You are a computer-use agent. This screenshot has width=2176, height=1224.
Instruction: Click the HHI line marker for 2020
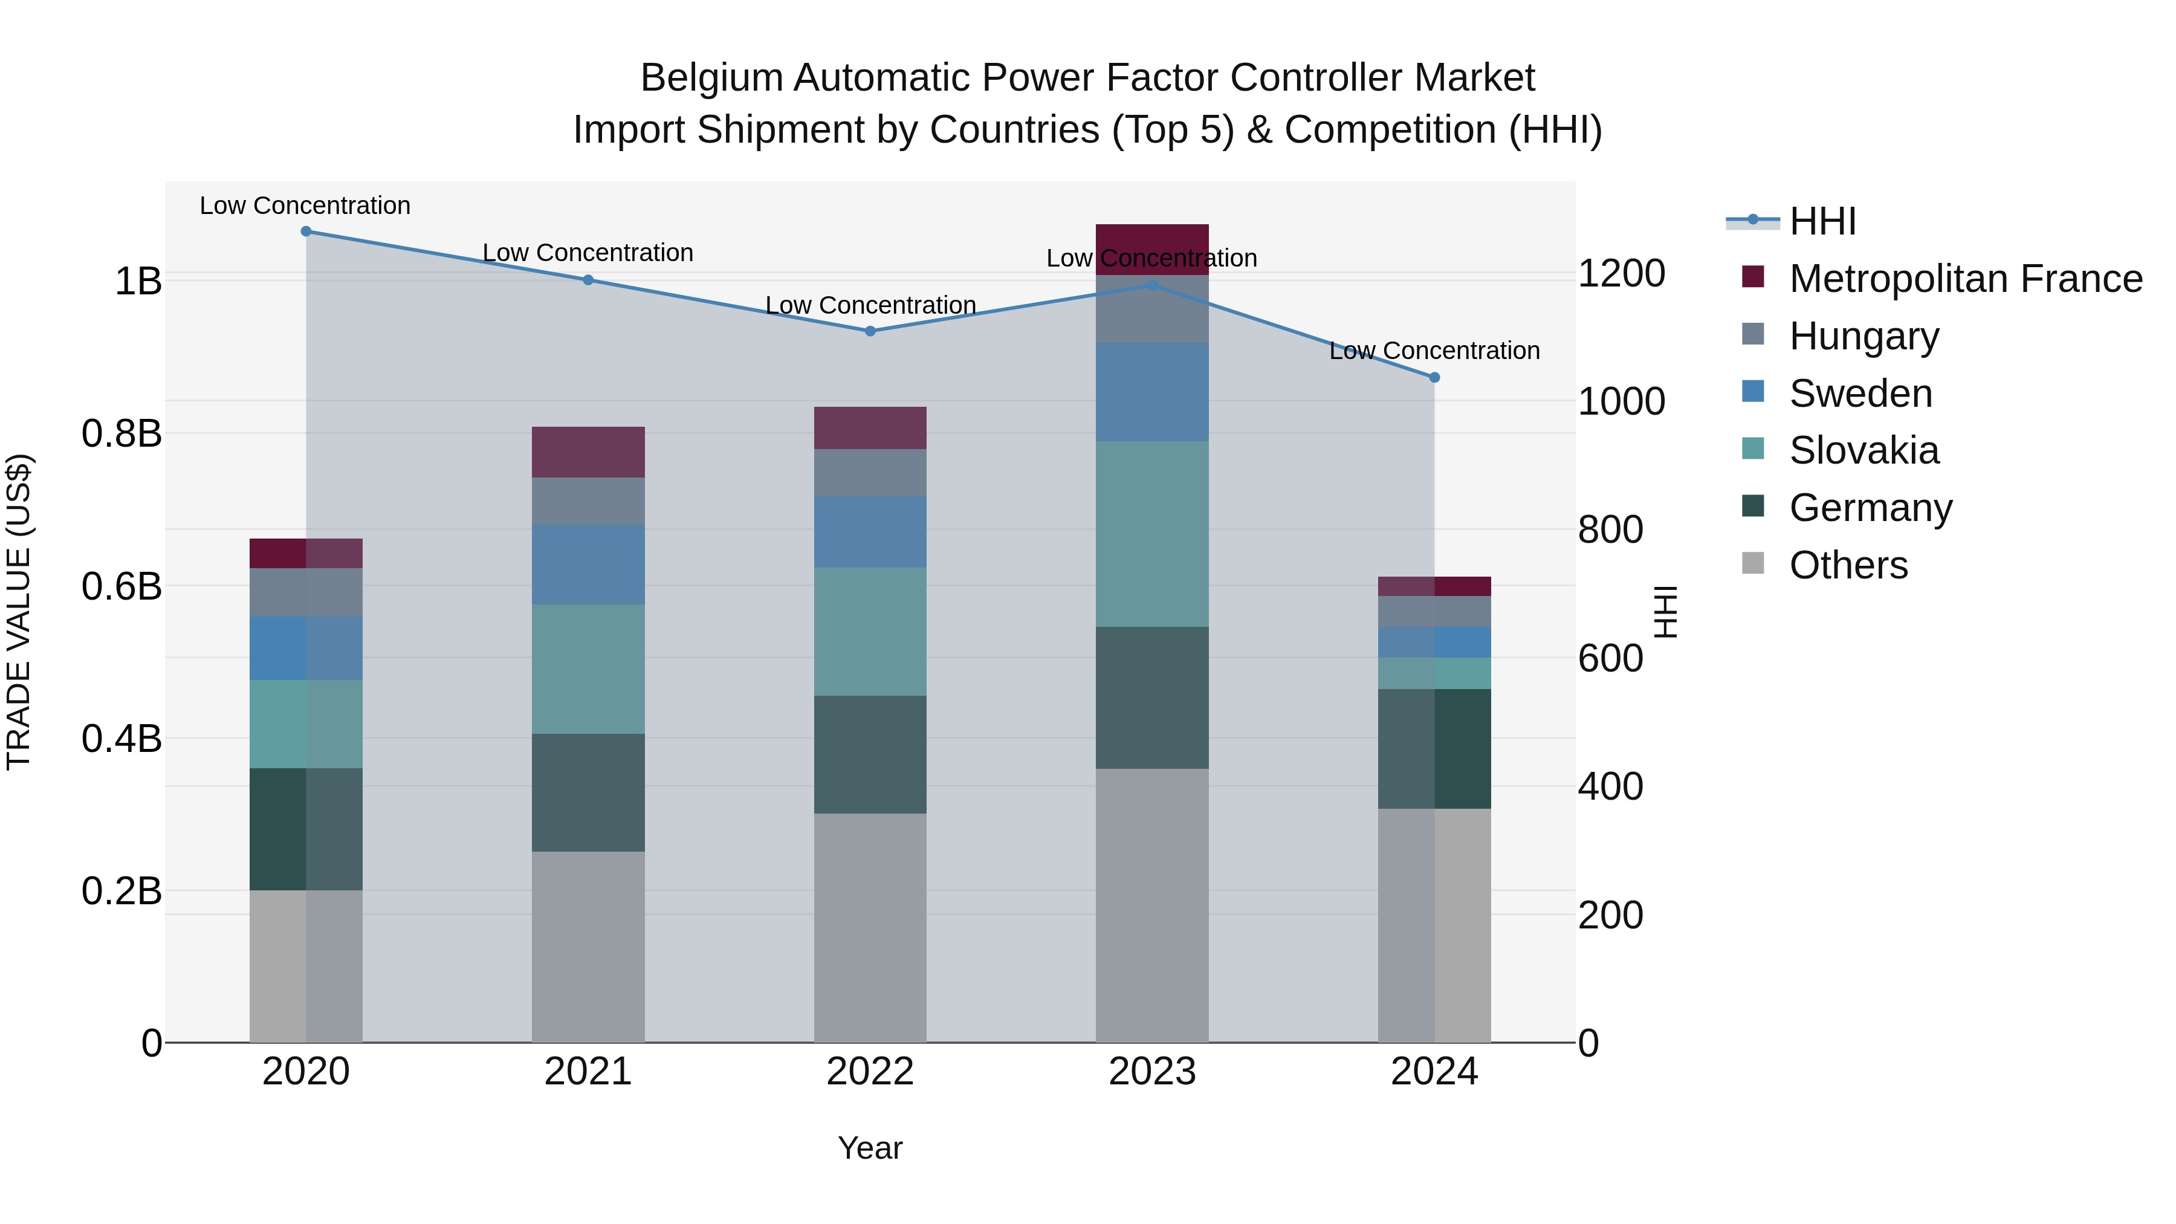306,232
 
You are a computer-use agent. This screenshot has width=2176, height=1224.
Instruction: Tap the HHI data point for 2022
870,331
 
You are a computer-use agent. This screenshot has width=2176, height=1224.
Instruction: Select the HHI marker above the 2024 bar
1434,378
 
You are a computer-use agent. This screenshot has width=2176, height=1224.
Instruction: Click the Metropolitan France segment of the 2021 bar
588,452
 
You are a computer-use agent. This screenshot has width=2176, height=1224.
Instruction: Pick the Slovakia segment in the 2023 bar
1152,534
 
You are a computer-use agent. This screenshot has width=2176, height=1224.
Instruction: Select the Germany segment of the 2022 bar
870,754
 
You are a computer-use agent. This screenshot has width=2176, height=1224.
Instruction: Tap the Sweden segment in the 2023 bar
1152,392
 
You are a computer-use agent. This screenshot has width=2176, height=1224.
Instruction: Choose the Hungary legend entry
1864,336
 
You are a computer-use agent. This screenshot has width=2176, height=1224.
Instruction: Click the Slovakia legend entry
1864,450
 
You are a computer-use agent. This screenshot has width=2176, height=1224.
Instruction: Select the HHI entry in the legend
1822,221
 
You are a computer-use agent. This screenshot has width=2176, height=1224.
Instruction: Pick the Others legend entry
1848,565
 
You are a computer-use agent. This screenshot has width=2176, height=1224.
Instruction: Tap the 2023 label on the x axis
1152,1072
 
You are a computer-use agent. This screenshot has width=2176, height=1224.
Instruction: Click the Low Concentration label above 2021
588,253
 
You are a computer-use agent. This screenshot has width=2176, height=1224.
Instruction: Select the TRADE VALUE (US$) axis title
19,612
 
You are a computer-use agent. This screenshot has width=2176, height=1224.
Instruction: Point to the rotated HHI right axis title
1666,612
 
